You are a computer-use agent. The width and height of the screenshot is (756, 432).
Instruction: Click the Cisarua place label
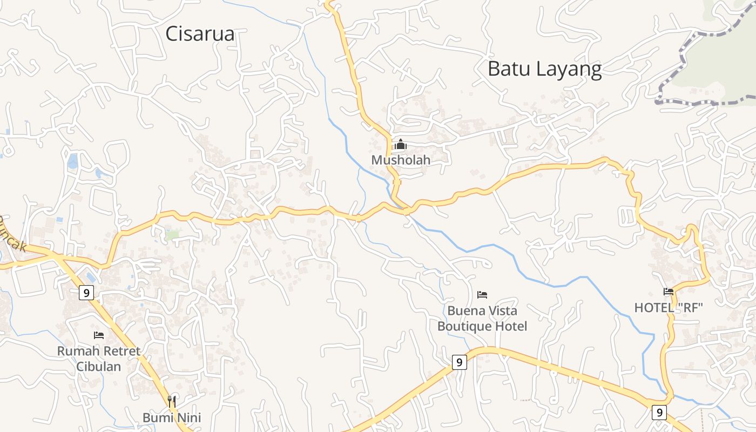click(200, 34)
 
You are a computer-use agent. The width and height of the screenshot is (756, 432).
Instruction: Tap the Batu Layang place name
click(544, 69)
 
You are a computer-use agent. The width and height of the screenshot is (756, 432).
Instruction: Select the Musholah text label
click(401, 160)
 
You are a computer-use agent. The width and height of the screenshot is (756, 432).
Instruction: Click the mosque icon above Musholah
click(401, 144)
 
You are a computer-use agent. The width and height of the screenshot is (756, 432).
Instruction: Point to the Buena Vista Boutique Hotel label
click(482, 319)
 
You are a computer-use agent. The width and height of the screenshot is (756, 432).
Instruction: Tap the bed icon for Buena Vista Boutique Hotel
click(482, 295)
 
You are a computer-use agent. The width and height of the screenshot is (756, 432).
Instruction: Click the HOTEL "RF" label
click(669, 308)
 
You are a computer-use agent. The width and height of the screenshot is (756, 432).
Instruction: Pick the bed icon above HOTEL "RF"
click(669, 292)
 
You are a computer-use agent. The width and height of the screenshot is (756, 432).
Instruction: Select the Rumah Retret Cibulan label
click(99, 359)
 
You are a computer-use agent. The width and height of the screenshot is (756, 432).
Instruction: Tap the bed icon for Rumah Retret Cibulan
click(99, 335)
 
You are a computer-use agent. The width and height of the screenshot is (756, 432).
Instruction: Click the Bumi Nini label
click(172, 417)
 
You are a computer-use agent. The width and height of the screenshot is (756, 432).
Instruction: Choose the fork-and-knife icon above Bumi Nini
click(172, 401)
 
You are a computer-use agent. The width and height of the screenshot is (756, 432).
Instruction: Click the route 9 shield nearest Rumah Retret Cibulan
click(86, 293)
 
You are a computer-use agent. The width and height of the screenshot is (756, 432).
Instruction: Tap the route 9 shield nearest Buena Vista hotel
click(458, 362)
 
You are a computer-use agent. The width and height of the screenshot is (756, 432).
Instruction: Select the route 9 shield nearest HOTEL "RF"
click(658, 413)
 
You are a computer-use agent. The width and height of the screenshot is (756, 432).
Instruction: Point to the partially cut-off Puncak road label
click(12, 234)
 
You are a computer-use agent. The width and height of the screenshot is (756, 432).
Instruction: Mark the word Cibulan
click(98, 366)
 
